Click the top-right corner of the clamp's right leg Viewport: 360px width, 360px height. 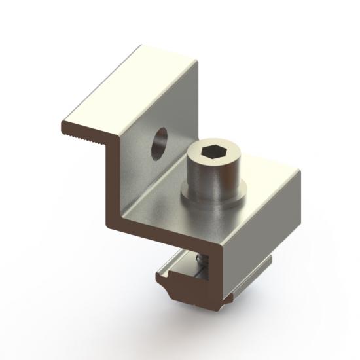[299, 173]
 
